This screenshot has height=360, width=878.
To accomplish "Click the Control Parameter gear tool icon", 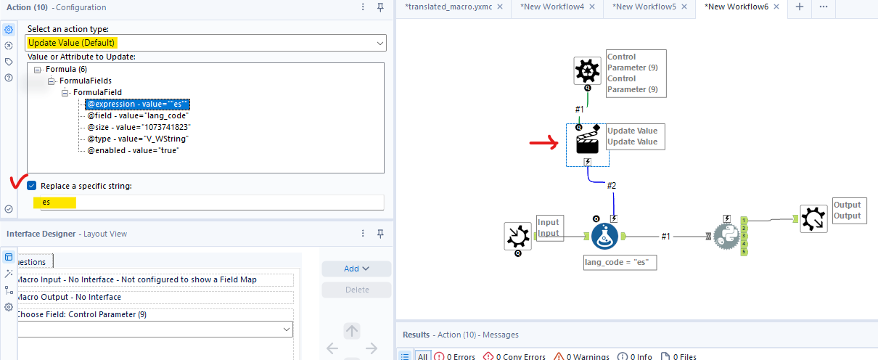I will (586, 71).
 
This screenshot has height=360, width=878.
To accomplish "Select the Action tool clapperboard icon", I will (586, 143).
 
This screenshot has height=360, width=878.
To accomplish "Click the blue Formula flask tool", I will (605, 237).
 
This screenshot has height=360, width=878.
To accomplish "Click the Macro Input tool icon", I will (519, 237).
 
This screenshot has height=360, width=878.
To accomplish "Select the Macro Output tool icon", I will (813, 218).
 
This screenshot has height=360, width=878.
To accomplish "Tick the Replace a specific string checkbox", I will (32, 186).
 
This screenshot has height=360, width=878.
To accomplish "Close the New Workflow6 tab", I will (776, 7).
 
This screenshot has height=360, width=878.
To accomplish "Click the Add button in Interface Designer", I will (356, 269).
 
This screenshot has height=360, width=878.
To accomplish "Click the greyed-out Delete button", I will (356, 290).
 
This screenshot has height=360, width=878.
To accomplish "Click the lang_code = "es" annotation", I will (620, 263).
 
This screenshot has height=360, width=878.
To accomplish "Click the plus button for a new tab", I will (800, 7).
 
